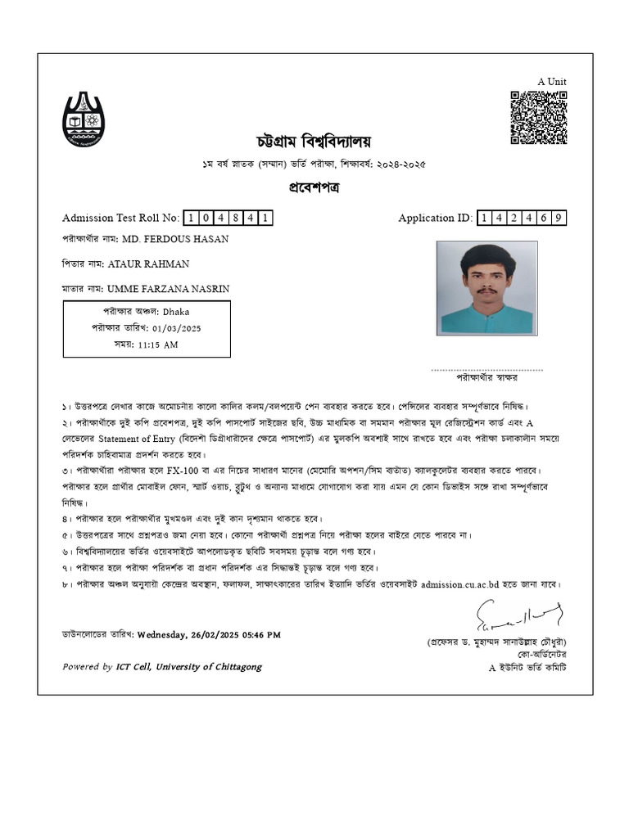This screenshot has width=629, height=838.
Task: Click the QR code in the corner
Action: click(x=539, y=118)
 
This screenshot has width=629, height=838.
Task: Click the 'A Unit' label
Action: click(x=551, y=81)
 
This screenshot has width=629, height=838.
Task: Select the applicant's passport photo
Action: click(x=486, y=288)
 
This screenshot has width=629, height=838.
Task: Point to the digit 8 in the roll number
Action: click(x=235, y=218)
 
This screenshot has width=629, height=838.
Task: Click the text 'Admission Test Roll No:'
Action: click(x=120, y=218)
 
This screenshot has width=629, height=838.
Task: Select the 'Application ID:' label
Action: click(x=435, y=218)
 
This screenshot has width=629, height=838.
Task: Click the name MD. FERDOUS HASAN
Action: click(x=175, y=239)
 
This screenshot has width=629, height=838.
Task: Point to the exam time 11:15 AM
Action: click(x=158, y=345)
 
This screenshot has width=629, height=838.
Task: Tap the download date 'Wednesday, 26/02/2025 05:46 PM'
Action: click(x=209, y=634)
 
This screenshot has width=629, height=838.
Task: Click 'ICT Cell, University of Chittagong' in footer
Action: click(x=188, y=667)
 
